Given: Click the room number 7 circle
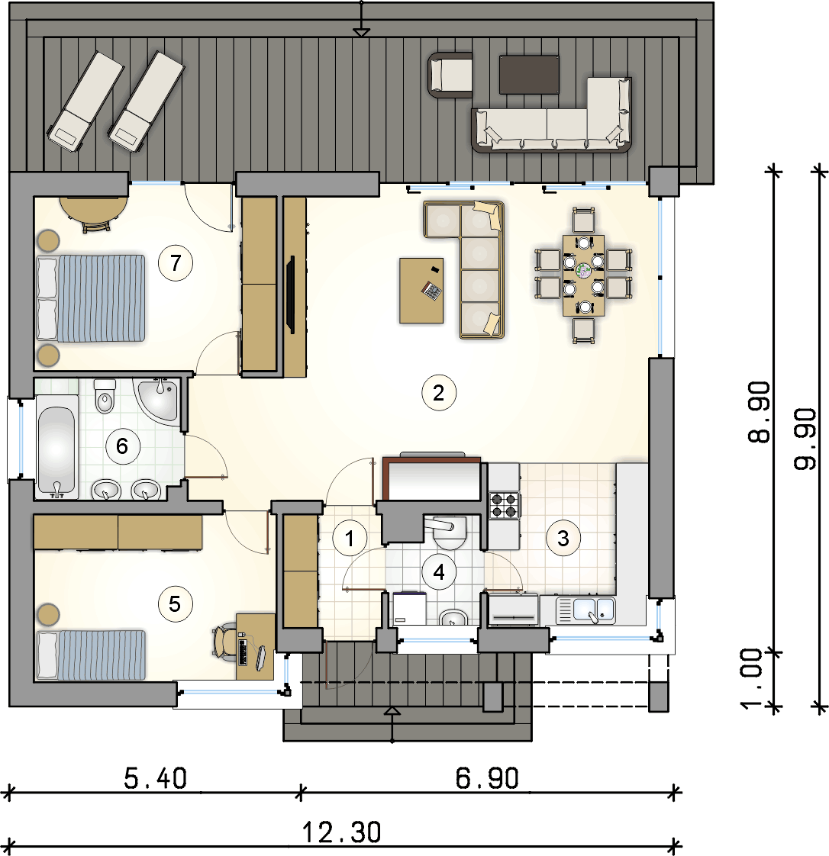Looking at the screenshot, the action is pyautogui.click(x=176, y=263).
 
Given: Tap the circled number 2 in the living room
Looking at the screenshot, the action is pyautogui.click(x=438, y=392).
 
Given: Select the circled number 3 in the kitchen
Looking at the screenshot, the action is pyautogui.click(x=563, y=539).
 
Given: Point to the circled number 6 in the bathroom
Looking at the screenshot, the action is pyautogui.click(x=122, y=446).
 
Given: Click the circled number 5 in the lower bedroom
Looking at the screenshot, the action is pyautogui.click(x=175, y=603).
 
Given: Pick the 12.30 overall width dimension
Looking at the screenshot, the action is pyautogui.click(x=341, y=832).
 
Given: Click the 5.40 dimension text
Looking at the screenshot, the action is pyautogui.click(x=155, y=778).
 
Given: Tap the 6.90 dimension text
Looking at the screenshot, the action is pyautogui.click(x=487, y=778).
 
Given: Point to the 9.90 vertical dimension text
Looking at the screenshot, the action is pyautogui.click(x=805, y=439).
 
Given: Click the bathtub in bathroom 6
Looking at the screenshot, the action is pyautogui.click(x=56, y=446).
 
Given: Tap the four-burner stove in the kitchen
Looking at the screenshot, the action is pyautogui.click(x=504, y=505).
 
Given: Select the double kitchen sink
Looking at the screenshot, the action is pyautogui.click(x=585, y=610).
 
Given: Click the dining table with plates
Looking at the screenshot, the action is pyautogui.click(x=584, y=275).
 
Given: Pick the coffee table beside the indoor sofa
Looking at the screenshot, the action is pyautogui.click(x=421, y=291).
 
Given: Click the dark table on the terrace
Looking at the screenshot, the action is pyautogui.click(x=529, y=74).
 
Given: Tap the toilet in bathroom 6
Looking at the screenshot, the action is pyautogui.click(x=105, y=396).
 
